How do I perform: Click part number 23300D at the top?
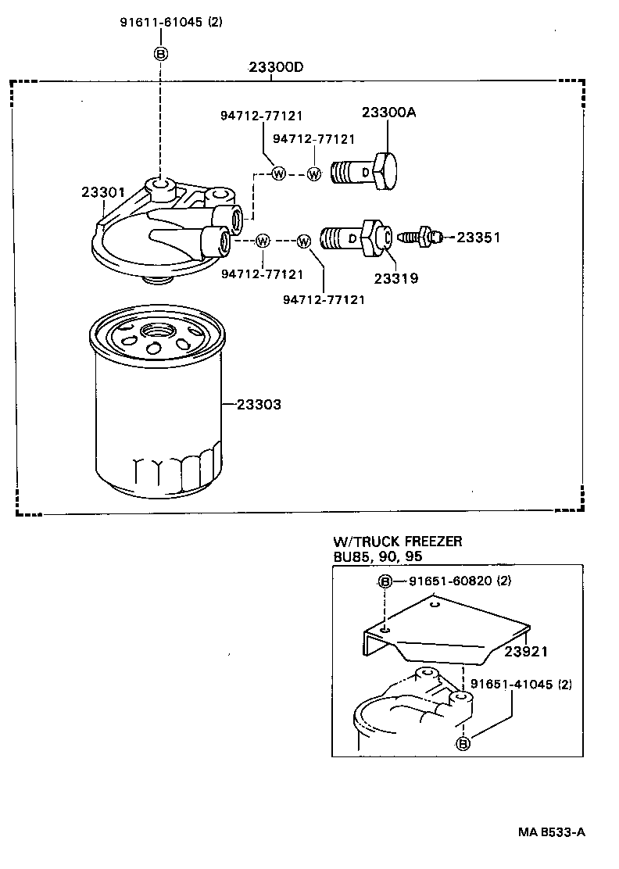(276, 67)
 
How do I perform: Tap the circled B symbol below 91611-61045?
(160, 53)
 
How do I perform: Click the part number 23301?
(98, 192)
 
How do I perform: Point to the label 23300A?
(388, 113)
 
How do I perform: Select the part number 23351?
(478, 238)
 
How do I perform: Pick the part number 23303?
(259, 405)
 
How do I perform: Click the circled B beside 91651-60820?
(385, 581)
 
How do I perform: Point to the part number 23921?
(526, 652)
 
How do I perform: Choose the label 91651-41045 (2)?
(521, 685)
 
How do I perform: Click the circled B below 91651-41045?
(463, 743)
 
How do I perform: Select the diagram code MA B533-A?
(549, 832)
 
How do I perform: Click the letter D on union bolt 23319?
(352, 238)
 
